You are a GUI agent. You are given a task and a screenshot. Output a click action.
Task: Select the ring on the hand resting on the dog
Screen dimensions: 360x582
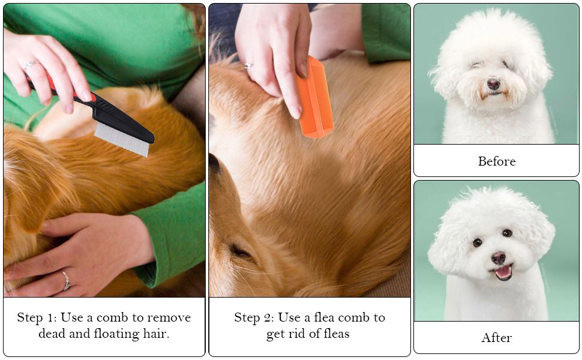66,280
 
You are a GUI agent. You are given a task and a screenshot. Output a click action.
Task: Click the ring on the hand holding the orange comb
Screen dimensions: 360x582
248,65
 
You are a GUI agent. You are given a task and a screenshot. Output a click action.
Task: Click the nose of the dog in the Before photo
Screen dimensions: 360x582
493,85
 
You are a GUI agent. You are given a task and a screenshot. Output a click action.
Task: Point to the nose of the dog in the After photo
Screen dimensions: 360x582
498,257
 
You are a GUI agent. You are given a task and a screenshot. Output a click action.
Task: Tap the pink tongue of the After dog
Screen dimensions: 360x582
503,272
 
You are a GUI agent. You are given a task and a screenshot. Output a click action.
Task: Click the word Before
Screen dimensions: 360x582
496,161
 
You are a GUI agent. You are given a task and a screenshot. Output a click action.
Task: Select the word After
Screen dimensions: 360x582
496,338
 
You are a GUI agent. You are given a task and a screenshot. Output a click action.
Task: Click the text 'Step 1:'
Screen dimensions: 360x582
38,317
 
